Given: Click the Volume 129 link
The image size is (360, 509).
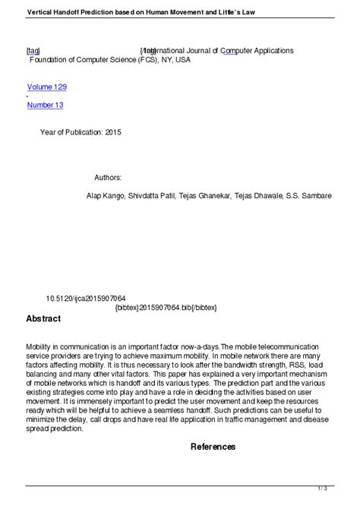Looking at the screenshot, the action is (46, 87).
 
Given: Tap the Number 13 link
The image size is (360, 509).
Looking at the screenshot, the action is (45, 105).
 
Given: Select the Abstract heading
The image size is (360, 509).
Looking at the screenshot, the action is (43, 318).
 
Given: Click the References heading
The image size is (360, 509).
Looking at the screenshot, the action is (213, 447).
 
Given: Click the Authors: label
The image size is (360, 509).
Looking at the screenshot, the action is (108, 177).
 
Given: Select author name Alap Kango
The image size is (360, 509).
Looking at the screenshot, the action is (104, 195).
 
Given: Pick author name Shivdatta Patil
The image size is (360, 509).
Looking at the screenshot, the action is (150, 195).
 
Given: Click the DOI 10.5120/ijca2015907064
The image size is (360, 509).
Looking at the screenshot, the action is (86, 299).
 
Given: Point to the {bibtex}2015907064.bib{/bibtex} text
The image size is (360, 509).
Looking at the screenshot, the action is (166, 308).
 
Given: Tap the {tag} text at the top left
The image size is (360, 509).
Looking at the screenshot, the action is (34, 50).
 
